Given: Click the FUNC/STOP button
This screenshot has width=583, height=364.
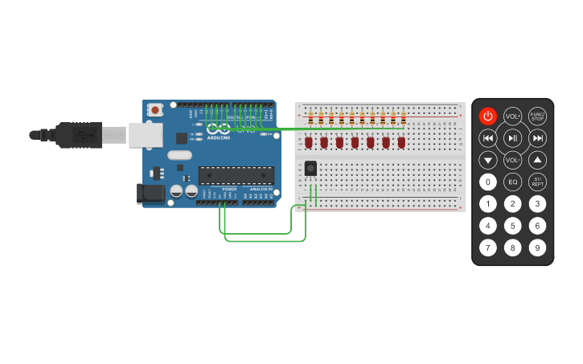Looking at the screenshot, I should pos(537,117).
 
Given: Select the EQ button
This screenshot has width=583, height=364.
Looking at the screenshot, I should pos(512,182).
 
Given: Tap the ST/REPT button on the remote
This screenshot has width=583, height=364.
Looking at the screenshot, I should pos(537,182).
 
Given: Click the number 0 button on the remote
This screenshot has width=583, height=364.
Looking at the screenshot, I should pos(488,182).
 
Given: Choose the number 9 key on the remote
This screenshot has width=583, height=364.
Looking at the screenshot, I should pos(537,247).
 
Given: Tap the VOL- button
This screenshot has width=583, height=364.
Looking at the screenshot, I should pos(512,160).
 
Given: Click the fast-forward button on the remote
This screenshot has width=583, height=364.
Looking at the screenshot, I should pos(537,138).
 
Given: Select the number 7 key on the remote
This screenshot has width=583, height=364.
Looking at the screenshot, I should pos(488,247).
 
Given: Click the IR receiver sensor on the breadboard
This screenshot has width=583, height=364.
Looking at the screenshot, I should pos(310,168).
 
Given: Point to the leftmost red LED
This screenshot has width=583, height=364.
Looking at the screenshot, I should pos(309,142).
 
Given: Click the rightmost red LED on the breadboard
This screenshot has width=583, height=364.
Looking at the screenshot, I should pos(401,142).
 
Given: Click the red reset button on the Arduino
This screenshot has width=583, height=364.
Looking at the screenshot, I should pos(154,108).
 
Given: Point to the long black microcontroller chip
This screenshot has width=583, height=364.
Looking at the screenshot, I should pos(236,175).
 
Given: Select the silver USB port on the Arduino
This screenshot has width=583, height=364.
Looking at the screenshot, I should pos(146,135).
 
